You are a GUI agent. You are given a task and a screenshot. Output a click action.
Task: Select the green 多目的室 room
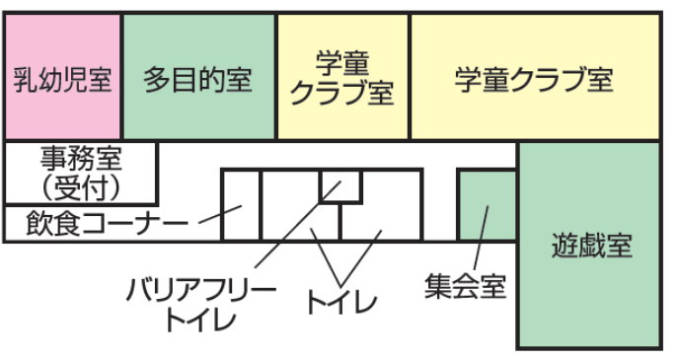pyautogui.click(x=198, y=77)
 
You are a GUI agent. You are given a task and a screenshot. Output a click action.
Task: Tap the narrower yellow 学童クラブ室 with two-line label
pyautogui.click(x=342, y=77)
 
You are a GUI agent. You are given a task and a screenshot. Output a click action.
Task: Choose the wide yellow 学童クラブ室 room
pyautogui.click(x=533, y=77)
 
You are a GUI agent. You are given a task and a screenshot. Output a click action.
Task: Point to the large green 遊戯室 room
pyautogui.click(x=590, y=245)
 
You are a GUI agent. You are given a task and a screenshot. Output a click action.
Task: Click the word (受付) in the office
pyautogui.click(x=82, y=186)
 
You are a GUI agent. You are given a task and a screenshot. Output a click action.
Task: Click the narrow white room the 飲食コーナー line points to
pyautogui.click(x=241, y=205)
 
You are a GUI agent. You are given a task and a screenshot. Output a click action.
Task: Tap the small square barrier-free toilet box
pyautogui.click(x=340, y=185)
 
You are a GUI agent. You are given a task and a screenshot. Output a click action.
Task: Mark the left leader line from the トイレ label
pyautogui.click(x=322, y=254)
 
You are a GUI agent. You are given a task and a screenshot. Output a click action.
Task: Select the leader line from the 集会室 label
pyautogui.click(x=479, y=237)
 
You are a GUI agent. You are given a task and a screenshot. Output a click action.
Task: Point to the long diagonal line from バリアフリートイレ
pyautogui.click(x=286, y=237)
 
